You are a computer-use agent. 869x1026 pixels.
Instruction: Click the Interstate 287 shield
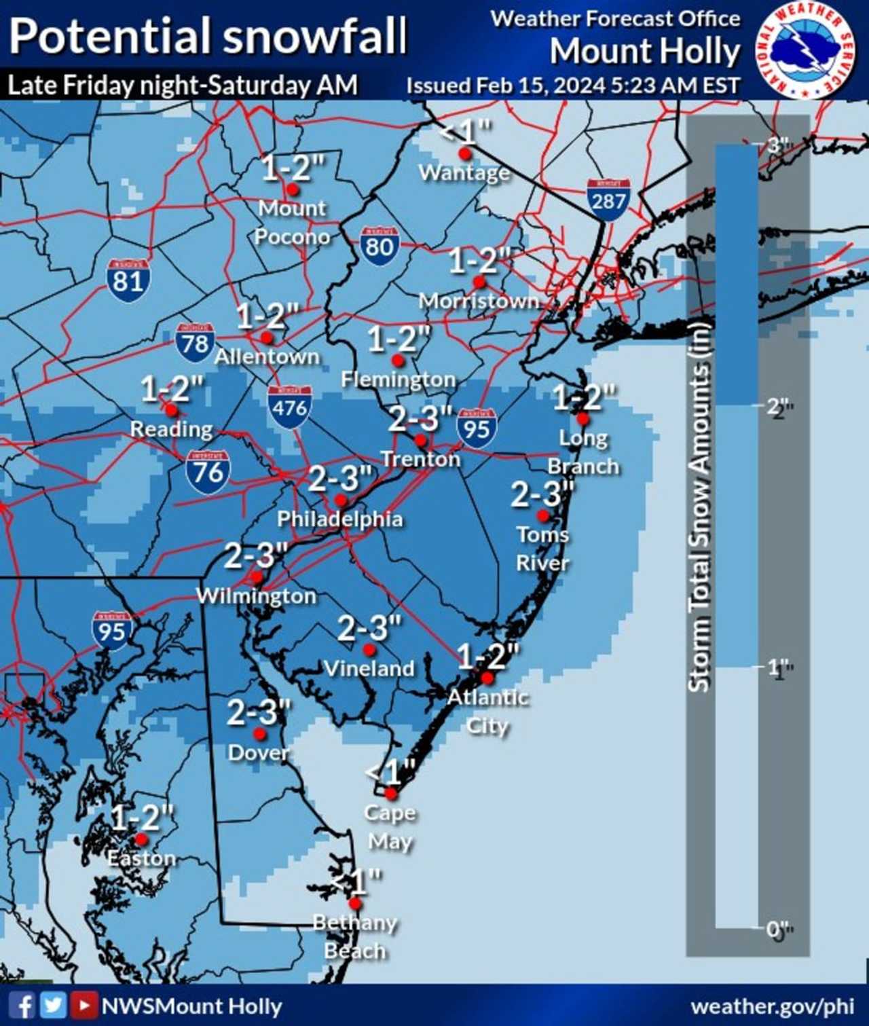[608, 200]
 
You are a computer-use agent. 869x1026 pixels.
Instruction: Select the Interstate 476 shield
[290, 407]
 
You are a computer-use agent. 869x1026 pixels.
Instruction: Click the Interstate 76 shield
[208, 471]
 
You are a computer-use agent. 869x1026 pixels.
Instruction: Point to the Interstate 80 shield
[380, 246]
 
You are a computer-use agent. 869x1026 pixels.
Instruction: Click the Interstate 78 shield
[195, 343]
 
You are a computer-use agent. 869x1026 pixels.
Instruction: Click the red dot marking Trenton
[420, 440]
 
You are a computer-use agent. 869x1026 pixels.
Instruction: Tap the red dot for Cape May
[391, 793]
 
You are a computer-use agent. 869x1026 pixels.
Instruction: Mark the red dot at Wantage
[464, 153]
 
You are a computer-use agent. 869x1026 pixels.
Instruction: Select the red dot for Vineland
[369, 650]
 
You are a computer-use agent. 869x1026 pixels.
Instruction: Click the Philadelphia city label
[340, 519]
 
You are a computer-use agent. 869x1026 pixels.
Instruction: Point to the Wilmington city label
[257, 596]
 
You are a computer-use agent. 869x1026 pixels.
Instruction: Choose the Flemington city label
[399, 380]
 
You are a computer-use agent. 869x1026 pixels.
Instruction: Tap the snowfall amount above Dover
[259, 712]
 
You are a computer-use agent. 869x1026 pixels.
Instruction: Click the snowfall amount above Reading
[172, 389]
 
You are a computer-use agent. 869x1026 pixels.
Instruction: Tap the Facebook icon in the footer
[23, 1006]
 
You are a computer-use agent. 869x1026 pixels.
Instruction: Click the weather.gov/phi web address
[772, 1006]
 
